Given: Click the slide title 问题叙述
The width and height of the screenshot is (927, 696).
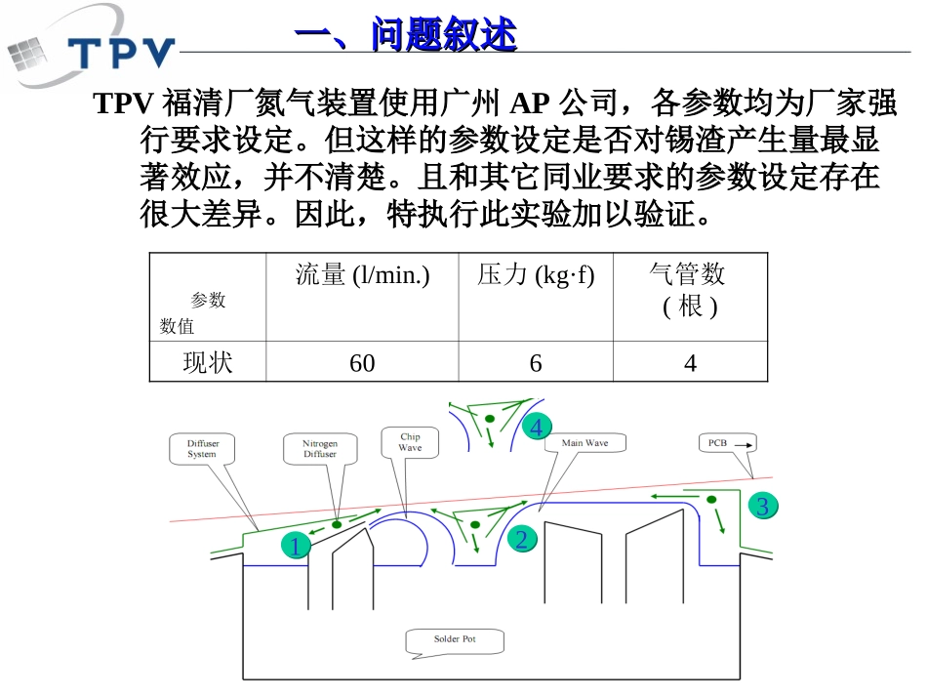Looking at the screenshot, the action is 405,36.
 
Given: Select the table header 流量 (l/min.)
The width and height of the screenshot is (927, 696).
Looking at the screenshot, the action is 362,276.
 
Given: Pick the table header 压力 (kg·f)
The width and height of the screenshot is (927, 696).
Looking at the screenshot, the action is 536,276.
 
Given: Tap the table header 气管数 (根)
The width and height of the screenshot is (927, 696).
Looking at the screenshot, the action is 689,289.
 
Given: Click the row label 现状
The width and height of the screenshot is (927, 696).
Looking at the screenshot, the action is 208,363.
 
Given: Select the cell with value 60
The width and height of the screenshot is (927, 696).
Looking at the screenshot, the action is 362,363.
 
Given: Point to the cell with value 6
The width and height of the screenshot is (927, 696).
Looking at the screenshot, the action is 536,363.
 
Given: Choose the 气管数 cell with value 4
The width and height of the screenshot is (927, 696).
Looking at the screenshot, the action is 690,363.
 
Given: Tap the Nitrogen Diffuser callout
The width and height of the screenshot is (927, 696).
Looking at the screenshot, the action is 319,449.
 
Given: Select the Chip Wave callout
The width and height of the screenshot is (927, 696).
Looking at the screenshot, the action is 410,442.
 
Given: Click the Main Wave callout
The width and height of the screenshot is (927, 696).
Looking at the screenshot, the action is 585,442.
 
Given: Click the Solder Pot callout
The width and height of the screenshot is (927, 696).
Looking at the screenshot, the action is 455,640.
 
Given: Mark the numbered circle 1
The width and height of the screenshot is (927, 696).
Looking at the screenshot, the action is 295,547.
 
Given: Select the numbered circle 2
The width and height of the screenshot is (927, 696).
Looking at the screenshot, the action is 521,539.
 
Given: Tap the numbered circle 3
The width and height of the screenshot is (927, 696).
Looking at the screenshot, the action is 763,506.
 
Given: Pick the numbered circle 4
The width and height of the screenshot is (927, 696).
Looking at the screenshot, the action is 536,428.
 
